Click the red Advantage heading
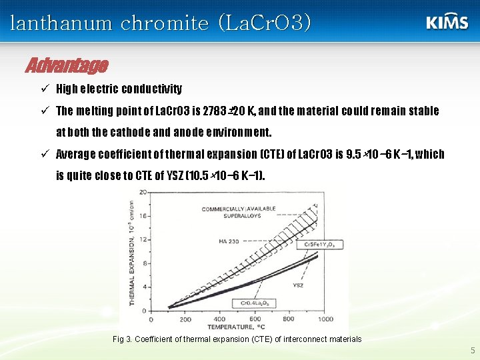coord(67,65)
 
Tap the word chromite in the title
coord(165,23)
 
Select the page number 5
coord(473,350)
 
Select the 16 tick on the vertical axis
coord(142,216)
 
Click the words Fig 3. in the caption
coord(122,339)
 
